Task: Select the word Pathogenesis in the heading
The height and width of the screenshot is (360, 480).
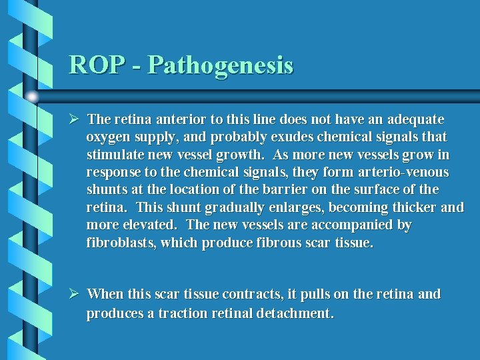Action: [221, 66]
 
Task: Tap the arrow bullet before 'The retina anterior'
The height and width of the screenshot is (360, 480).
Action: [75, 119]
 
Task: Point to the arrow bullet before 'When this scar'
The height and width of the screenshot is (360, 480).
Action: [75, 293]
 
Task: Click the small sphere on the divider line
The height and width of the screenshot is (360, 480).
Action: [31, 97]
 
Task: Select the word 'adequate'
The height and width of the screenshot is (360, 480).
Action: [416, 119]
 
